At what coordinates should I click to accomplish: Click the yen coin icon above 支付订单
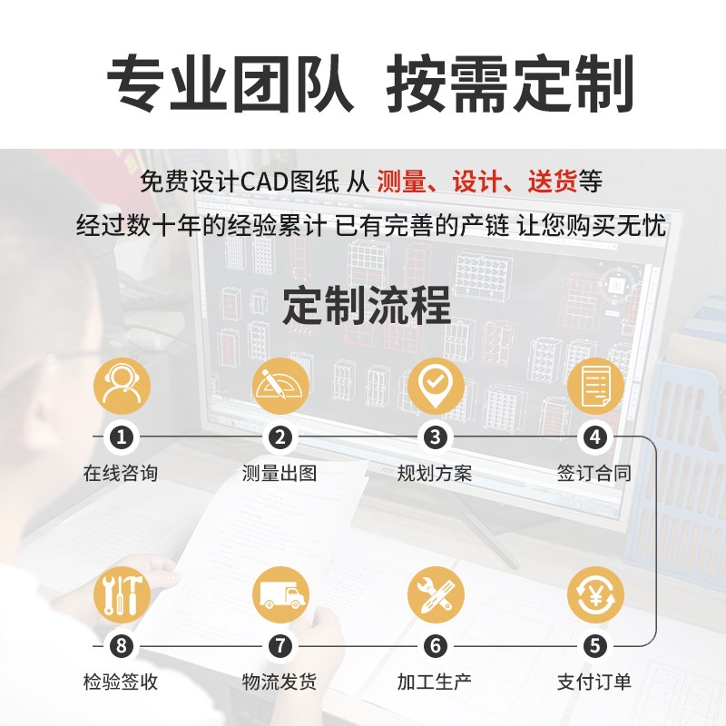[594, 594]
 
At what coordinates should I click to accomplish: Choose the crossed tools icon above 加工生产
[436, 594]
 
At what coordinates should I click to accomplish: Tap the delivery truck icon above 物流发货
[280, 594]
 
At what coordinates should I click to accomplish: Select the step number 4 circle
[594, 437]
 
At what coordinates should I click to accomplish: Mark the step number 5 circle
[594, 646]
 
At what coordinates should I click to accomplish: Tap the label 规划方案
[436, 473]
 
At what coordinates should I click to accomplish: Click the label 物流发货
[280, 682]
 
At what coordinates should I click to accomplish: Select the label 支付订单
[594, 682]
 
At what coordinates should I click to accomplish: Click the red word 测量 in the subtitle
[400, 182]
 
